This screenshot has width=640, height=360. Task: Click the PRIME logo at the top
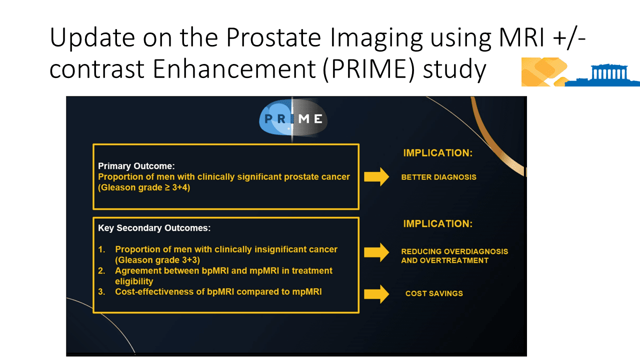tap(293, 118)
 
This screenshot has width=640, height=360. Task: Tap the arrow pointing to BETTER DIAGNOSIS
tap(376, 177)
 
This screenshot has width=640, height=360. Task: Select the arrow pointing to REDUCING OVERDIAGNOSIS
tap(376, 252)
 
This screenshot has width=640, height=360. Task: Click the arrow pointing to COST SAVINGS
tap(376, 293)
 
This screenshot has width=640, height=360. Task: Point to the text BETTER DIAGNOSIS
tap(438, 177)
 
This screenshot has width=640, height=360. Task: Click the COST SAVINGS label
tap(434, 293)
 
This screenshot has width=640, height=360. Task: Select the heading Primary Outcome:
tap(136, 166)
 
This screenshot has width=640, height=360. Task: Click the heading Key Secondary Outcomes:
tap(154, 228)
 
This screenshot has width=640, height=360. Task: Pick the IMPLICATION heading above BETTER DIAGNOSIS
tap(437, 153)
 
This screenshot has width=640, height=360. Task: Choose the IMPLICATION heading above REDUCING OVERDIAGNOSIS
tap(437, 223)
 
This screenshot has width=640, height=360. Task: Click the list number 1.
tap(101, 249)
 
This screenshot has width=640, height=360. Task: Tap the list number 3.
tap(101, 291)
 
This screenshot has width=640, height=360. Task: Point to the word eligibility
tap(134, 281)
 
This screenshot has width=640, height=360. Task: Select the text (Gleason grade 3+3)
tap(157, 260)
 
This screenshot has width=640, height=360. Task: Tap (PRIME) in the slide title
tap(368, 69)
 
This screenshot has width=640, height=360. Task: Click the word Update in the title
tap(92, 37)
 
